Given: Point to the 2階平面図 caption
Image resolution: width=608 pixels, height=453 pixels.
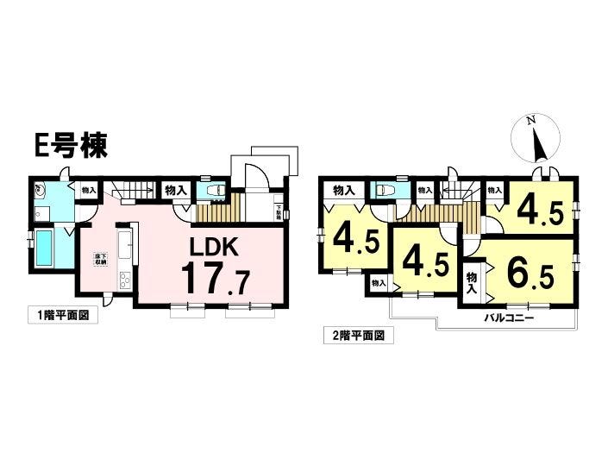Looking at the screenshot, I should coord(359,334).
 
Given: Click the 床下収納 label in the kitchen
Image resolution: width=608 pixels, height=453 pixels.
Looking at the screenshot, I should coord(100,259).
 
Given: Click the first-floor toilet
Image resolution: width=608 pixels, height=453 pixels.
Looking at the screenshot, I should coord(216,191).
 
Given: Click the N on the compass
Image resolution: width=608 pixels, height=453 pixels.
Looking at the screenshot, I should coord(534,122).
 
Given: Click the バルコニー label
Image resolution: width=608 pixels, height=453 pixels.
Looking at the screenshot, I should coord(508,318).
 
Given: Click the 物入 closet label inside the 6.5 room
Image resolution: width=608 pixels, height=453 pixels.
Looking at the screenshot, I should coord(472,281).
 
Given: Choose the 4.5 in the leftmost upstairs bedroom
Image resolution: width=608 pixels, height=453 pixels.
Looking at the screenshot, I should coord(354,239).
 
